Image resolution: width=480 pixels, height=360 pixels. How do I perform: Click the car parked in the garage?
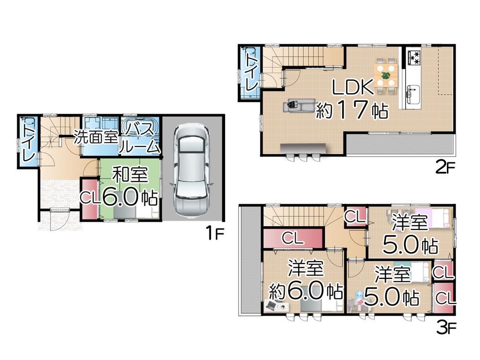[x=192, y=169]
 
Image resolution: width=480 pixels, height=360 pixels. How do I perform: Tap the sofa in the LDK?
[x=300, y=105]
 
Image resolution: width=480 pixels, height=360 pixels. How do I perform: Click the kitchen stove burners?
[x=413, y=58]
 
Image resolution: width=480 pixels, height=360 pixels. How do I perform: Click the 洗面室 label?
[x=95, y=138]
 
